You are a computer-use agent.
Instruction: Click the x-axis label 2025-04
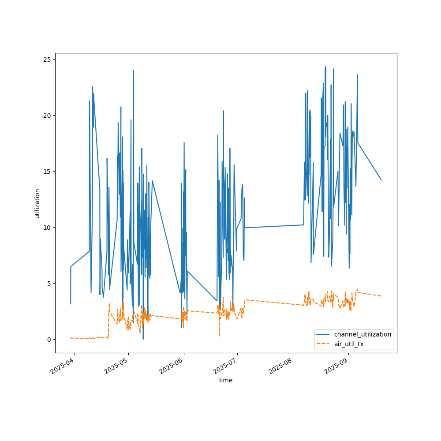point(63,366)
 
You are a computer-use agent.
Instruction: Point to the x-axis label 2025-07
point(225,366)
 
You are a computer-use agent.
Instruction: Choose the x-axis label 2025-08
point(281,366)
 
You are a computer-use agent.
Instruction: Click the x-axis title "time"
point(226,380)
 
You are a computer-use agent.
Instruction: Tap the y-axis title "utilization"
point(37,203)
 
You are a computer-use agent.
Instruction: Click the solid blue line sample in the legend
point(327,334)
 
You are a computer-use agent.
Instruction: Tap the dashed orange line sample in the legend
point(327,344)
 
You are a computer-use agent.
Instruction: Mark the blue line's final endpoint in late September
point(381,180)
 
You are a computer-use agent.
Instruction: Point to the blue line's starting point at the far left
point(71,304)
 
